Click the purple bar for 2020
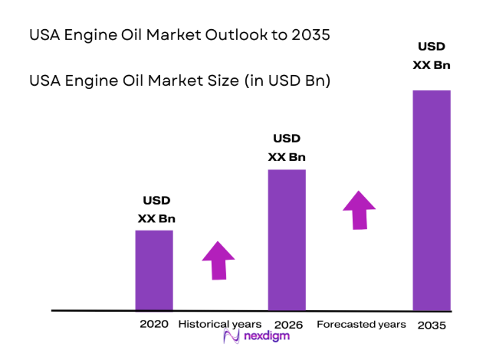click(x=154, y=270)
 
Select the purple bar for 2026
click(x=287, y=240)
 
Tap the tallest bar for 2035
click(x=432, y=200)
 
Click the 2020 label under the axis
click(x=154, y=324)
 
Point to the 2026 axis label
click(x=288, y=325)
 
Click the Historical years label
click(x=220, y=324)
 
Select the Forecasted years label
click(x=361, y=324)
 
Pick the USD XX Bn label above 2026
click(x=287, y=148)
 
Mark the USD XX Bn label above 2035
click(x=432, y=55)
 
